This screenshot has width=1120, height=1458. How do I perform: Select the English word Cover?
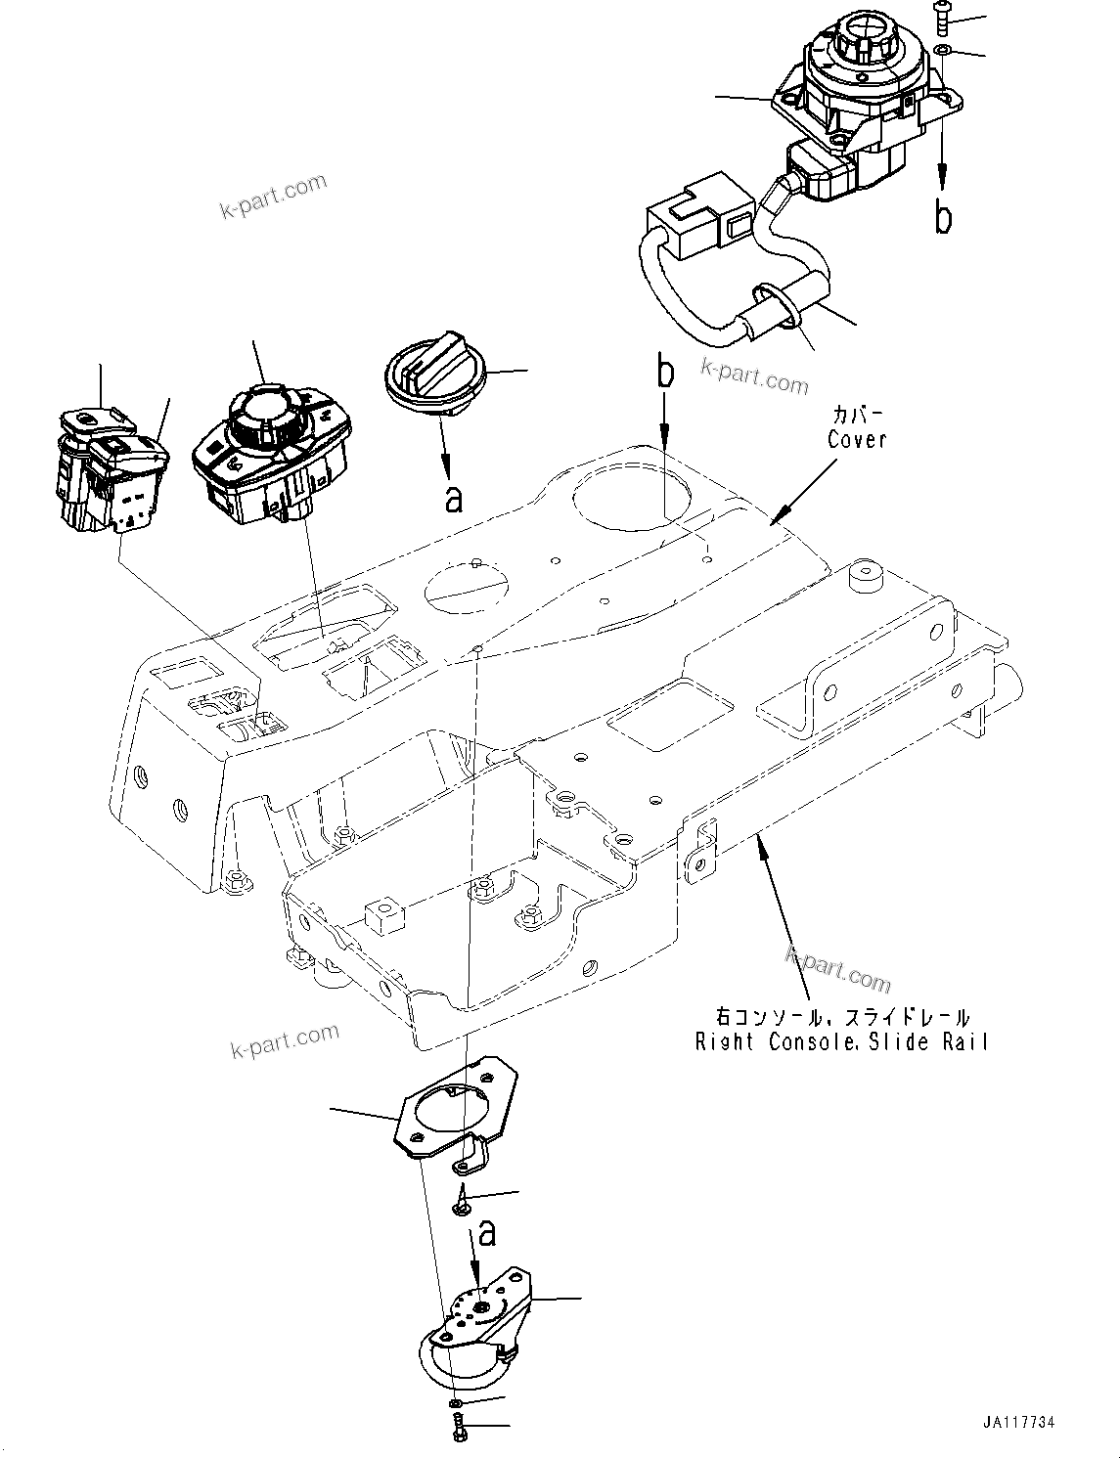click(x=857, y=440)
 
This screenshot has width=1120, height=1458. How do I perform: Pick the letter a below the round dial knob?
click(x=453, y=499)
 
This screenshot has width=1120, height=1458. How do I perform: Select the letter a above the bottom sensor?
click(x=486, y=1233)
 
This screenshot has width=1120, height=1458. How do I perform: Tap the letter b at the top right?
click(x=943, y=218)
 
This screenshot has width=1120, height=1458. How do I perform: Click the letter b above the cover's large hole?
click(x=665, y=373)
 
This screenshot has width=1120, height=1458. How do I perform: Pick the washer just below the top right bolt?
click(x=942, y=49)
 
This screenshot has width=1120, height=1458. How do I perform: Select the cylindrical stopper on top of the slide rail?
click(x=866, y=577)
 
